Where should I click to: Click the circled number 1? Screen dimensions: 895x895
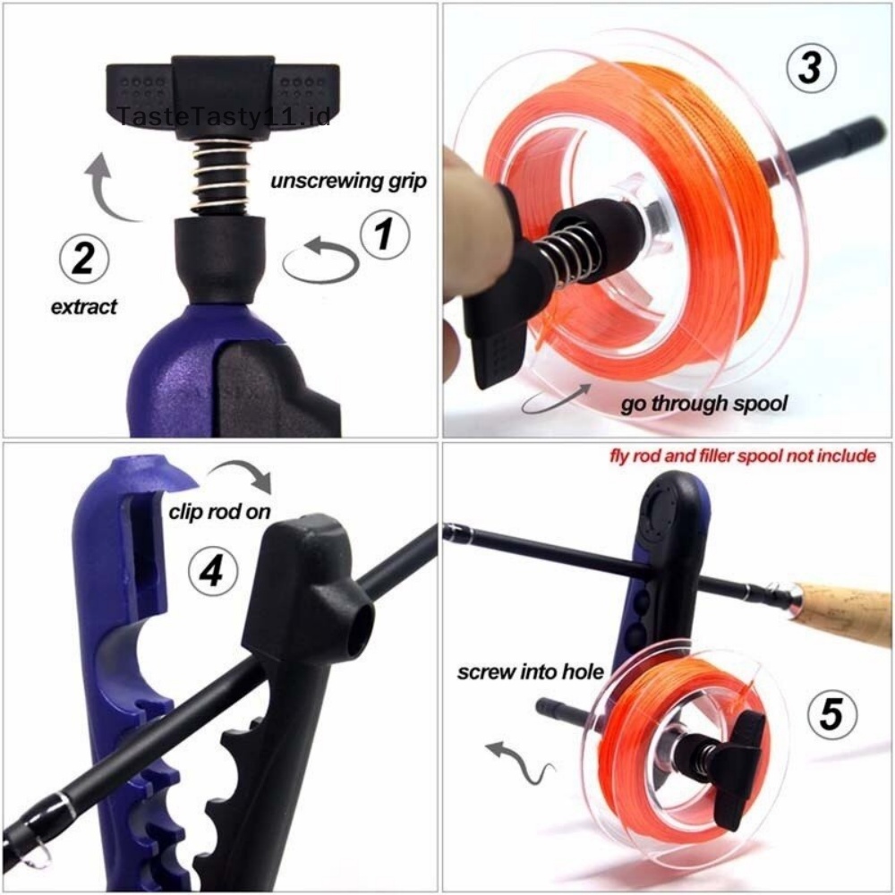coord(384,235)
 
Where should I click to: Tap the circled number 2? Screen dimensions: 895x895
coord(82,260)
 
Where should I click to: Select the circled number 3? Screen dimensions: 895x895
coord(810,69)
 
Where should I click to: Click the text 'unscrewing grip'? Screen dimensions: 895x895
coord(348,182)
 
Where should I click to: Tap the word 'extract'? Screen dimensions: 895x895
coord(83,307)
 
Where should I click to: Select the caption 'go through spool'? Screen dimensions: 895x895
coord(704,404)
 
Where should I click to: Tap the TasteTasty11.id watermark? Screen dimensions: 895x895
coord(224,116)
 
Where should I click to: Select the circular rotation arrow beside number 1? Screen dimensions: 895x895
coord(320,260)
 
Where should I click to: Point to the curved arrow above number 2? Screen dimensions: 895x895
coord(112,188)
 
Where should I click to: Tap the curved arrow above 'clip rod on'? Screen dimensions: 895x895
coord(246,473)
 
